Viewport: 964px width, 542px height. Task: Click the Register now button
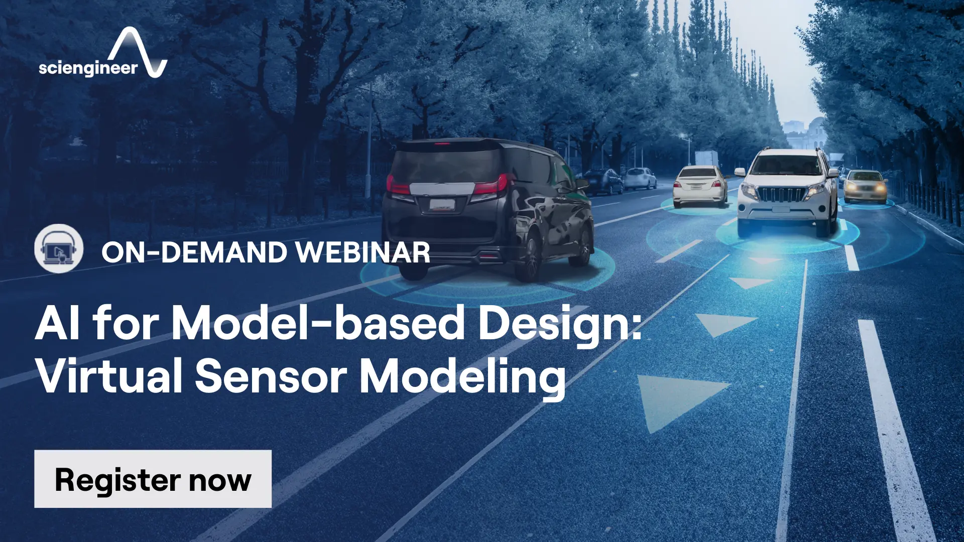click(153, 479)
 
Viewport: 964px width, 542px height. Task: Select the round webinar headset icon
click(59, 248)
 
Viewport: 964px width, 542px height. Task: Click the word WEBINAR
click(363, 252)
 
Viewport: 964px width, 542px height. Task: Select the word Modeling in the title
click(462, 379)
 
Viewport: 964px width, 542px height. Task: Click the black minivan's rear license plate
click(442, 204)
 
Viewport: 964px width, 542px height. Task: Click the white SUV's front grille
click(780, 194)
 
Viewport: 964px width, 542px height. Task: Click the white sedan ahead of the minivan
click(700, 186)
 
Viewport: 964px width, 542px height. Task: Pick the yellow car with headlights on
click(865, 186)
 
